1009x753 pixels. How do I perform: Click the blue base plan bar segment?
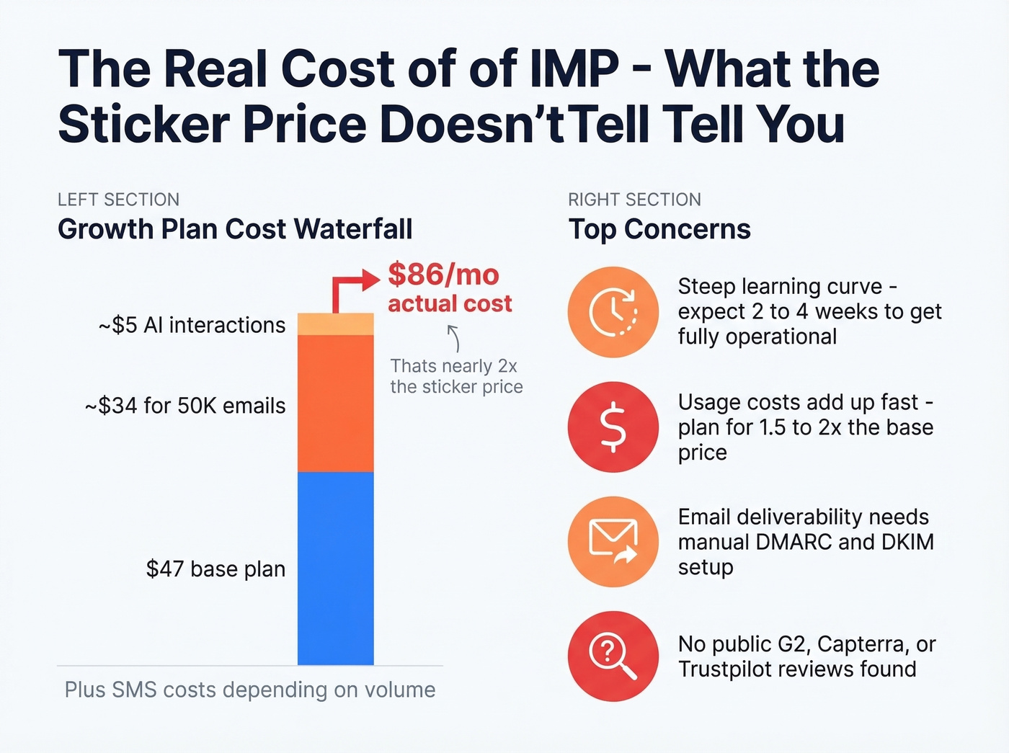[335, 568]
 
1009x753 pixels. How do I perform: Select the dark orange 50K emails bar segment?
[335, 403]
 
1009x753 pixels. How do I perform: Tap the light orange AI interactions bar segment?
[335, 324]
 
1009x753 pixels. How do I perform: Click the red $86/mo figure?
[443, 275]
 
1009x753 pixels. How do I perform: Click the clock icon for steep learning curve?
[613, 312]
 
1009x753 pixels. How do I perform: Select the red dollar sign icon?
[613, 427]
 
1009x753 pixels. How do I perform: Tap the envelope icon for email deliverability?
[613, 541]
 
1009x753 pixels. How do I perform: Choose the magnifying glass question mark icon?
[613, 656]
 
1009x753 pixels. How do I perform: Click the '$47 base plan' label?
[215, 569]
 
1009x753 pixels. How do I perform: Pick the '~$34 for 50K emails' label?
[185, 406]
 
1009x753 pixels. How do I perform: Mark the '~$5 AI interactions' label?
[192, 325]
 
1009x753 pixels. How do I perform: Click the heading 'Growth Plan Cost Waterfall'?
[235, 229]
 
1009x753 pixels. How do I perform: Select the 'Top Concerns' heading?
[659, 229]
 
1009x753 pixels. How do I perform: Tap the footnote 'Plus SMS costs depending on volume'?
[250, 690]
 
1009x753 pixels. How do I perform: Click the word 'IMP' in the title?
[574, 69]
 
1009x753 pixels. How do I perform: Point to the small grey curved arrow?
[453, 338]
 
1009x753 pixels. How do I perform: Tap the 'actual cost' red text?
[450, 303]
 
